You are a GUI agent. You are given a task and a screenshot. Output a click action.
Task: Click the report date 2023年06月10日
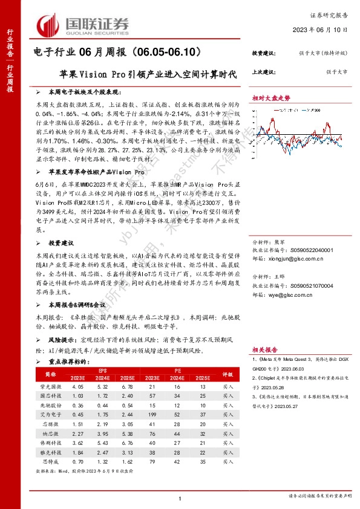click(329, 29)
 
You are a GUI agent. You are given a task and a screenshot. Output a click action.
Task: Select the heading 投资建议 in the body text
click(62, 225)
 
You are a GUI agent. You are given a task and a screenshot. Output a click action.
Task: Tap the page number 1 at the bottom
click(180, 498)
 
